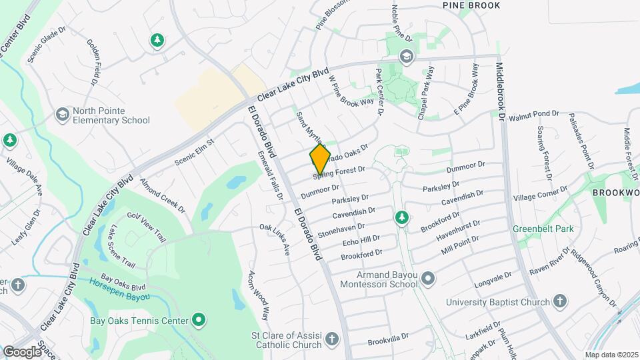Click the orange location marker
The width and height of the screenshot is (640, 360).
[320, 159]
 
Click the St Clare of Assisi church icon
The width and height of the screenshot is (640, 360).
[331, 342]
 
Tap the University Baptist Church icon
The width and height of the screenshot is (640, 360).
[560, 301]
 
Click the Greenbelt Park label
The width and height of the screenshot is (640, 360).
[543, 229]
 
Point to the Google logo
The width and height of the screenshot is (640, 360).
[22, 351]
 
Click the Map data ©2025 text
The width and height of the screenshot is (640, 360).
[611, 355]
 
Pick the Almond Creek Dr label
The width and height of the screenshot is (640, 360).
[162, 196]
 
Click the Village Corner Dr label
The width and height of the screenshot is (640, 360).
[540, 194]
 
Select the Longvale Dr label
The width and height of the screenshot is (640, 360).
[492, 278]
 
